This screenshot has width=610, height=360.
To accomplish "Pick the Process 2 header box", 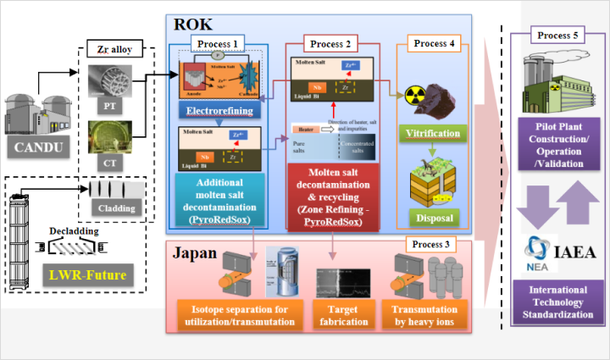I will [x=331, y=42].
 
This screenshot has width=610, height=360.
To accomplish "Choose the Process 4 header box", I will [x=441, y=42].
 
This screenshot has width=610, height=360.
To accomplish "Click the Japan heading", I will [x=196, y=253].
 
